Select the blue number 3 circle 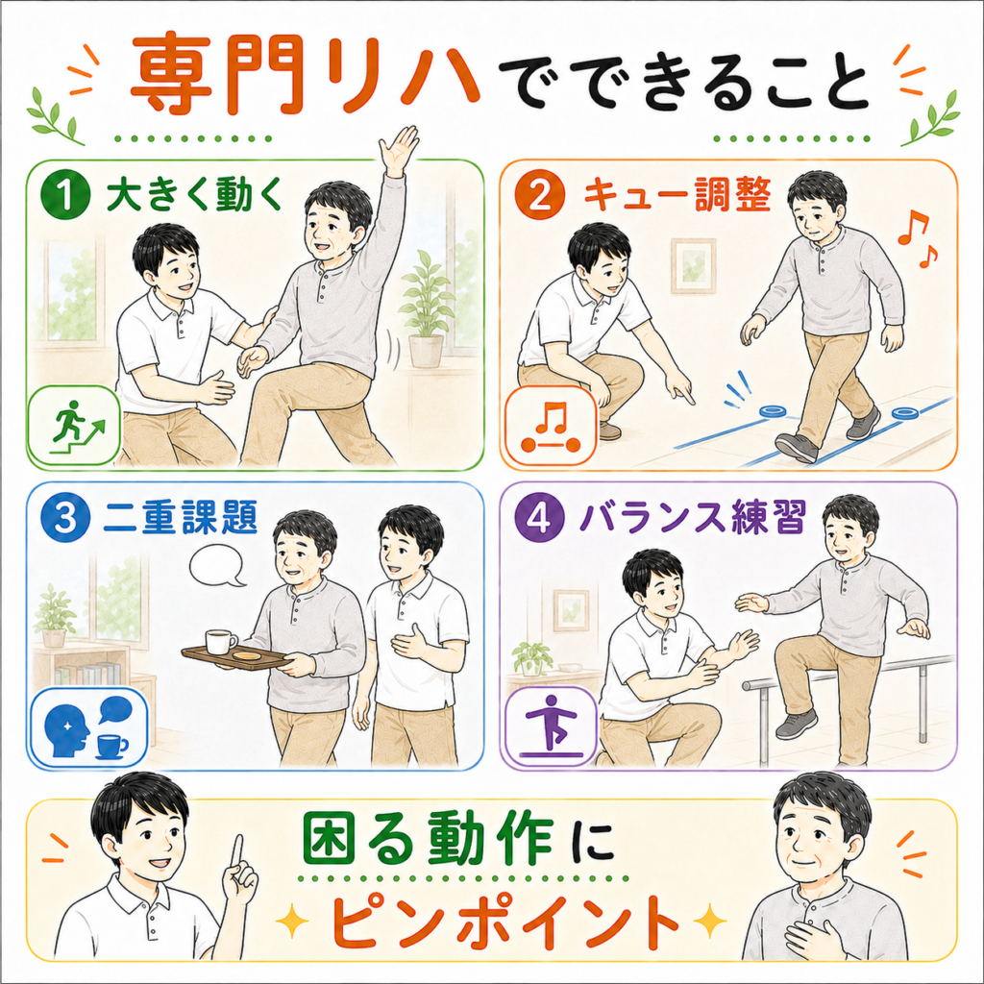click(x=66, y=518)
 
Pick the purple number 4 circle click(x=539, y=518)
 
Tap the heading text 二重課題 click(x=180, y=518)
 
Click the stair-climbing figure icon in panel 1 click(x=73, y=425)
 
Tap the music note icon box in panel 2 click(x=551, y=426)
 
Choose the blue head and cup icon click(x=88, y=728)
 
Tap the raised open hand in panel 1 click(x=398, y=151)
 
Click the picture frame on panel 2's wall click(x=693, y=265)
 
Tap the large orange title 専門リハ click(x=305, y=77)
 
